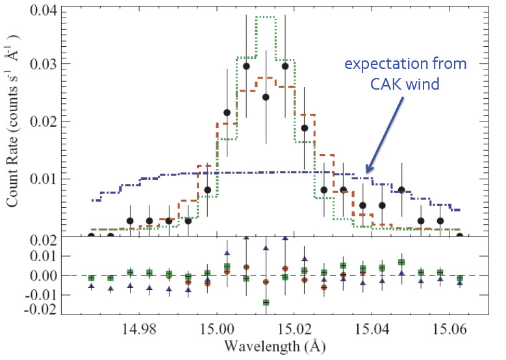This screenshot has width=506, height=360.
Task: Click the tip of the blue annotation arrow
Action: click(x=366, y=173)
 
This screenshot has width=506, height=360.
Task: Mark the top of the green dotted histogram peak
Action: click(x=266, y=18)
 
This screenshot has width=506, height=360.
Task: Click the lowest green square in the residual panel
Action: click(x=266, y=302)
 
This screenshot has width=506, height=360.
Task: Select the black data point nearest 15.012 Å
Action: click(x=266, y=97)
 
